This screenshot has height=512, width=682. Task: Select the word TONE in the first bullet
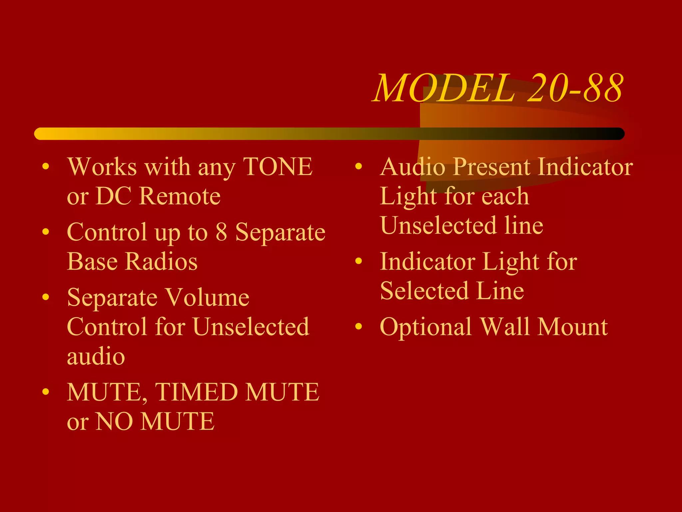[278, 166]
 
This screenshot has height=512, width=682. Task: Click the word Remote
[180, 196]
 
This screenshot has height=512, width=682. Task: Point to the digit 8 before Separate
[221, 232]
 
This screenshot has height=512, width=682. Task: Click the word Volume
[207, 297]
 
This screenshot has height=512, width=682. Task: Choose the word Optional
[426, 327]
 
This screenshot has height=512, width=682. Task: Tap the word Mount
[573, 327]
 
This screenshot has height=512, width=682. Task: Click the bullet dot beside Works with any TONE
[46, 166]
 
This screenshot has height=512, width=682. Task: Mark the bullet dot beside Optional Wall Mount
[359, 326]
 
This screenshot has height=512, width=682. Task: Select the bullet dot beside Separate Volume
[46, 297]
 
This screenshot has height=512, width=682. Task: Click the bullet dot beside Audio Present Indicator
[359, 166]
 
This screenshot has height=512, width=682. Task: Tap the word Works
[102, 166]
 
